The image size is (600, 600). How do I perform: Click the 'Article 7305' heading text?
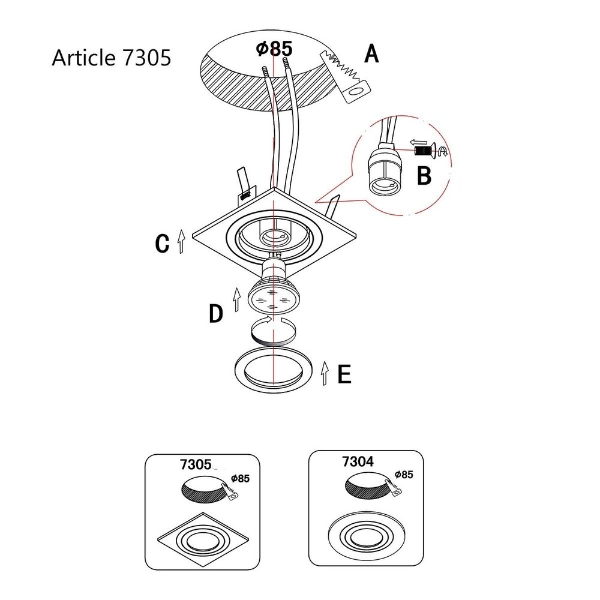[112, 58]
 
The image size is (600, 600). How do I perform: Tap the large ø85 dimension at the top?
[274, 49]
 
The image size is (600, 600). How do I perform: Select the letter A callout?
[371, 53]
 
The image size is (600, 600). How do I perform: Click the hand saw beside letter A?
[346, 77]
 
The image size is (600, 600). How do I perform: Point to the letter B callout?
[424, 176]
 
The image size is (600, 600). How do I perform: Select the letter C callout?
[162, 243]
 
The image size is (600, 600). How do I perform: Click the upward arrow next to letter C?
[181, 241]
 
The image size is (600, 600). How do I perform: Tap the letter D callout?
[216, 314]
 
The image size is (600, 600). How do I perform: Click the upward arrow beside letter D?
[237, 299]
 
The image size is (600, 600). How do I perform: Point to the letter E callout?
[344, 374]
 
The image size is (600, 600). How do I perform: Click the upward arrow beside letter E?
[325, 373]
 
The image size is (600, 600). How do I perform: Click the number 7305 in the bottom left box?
[196, 464]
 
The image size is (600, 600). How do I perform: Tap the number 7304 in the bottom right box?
[358, 461]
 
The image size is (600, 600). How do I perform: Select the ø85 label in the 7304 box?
[404, 475]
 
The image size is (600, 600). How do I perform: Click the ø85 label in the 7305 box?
[241, 478]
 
